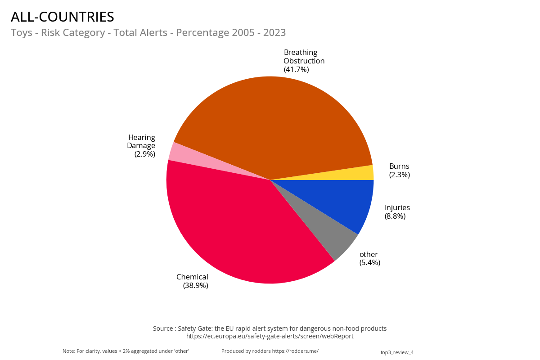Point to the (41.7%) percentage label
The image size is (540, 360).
(x=296, y=69)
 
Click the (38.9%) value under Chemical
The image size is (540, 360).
(x=195, y=285)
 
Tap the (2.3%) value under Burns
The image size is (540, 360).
(x=399, y=175)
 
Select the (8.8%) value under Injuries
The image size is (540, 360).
(x=395, y=216)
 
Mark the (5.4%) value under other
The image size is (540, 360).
(x=369, y=262)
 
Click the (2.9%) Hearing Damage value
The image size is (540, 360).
(x=144, y=154)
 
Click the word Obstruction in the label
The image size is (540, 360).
(x=304, y=61)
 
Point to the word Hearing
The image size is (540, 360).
(x=141, y=137)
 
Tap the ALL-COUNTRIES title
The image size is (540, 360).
(x=63, y=17)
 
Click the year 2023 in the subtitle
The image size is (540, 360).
(x=274, y=33)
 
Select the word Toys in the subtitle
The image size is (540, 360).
(x=21, y=33)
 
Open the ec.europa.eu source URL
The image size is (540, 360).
(x=270, y=336)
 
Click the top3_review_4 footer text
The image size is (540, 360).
(x=397, y=352)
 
